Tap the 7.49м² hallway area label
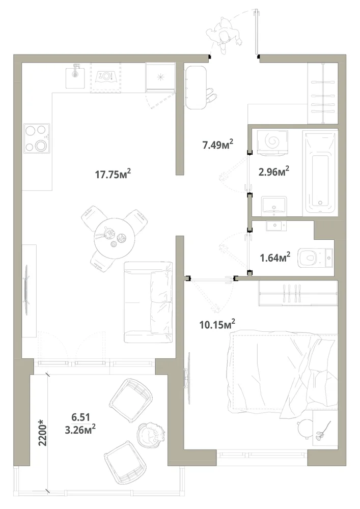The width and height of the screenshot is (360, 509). pos(218,144)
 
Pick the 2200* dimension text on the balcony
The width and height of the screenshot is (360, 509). pos(43,432)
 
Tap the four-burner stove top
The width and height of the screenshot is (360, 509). pos(37,138)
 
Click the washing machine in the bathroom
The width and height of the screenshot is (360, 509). pos(272,142)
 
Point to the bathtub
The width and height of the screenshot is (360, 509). pos(320,174)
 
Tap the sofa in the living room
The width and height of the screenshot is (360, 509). pos(148,302)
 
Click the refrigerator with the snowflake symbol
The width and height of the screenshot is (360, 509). pos(160,77)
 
